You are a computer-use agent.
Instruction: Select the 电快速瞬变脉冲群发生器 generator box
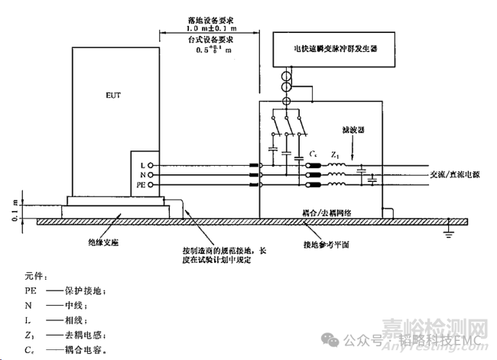click(331, 47)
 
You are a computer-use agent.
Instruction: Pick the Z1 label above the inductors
click(334, 156)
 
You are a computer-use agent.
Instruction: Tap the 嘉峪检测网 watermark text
click(435, 328)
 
